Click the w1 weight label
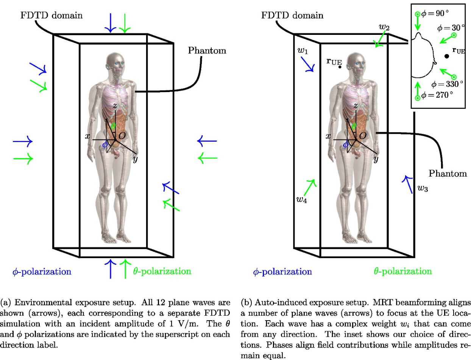point(303,51)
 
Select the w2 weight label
point(384,27)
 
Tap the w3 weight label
point(423,188)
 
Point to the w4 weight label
point(302,200)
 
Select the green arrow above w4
point(310,188)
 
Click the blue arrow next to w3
point(407,185)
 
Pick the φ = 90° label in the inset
point(435,14)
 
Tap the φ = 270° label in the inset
point(437,95)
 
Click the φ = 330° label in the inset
point(447,84)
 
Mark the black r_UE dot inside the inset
point(446,56)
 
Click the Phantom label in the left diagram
point(207,50)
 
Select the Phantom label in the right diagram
point(448,174)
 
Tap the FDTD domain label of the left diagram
point(51,16)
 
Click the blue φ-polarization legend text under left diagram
point(42,272)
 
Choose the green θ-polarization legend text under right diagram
point(403,271)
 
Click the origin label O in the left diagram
point(122,136)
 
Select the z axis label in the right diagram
point(356,106)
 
